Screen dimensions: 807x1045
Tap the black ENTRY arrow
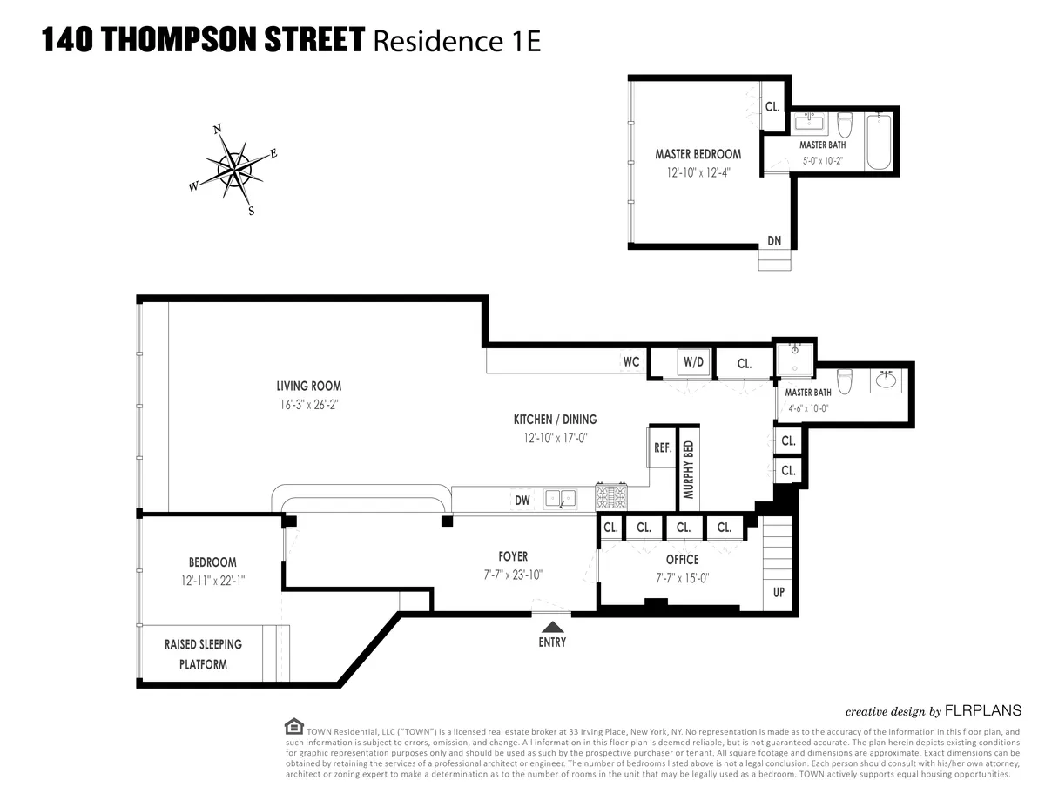pos(552,625)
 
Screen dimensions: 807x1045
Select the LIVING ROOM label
pos(308,387)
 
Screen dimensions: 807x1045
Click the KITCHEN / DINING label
pos(555,420)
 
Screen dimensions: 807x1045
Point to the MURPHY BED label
pos(689,469)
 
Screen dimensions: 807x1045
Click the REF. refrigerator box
pos(663,447)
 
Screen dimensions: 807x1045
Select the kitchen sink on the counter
pos(560,498)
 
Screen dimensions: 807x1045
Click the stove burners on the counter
pos(611,498)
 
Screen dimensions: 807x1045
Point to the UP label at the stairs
pos(779,591)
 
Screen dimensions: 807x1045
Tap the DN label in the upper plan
pos(774,241)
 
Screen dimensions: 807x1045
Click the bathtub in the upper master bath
pos(878,141)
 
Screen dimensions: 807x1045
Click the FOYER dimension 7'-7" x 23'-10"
pos(513,575)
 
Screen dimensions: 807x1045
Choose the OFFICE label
pos(683,560)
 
